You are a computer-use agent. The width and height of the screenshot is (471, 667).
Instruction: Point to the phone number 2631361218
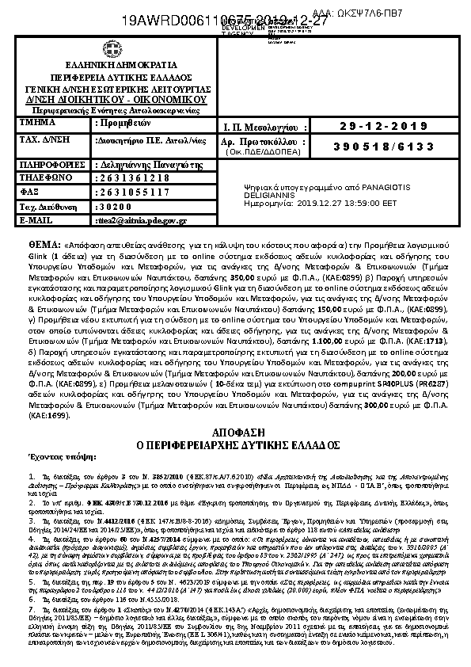click(132, 179)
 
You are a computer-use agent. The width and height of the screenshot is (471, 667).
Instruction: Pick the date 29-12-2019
click(383, 127)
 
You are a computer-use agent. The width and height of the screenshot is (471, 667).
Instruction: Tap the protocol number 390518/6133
click(383, 147)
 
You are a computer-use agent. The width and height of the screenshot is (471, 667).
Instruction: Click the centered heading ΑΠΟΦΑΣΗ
click(235, 431)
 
